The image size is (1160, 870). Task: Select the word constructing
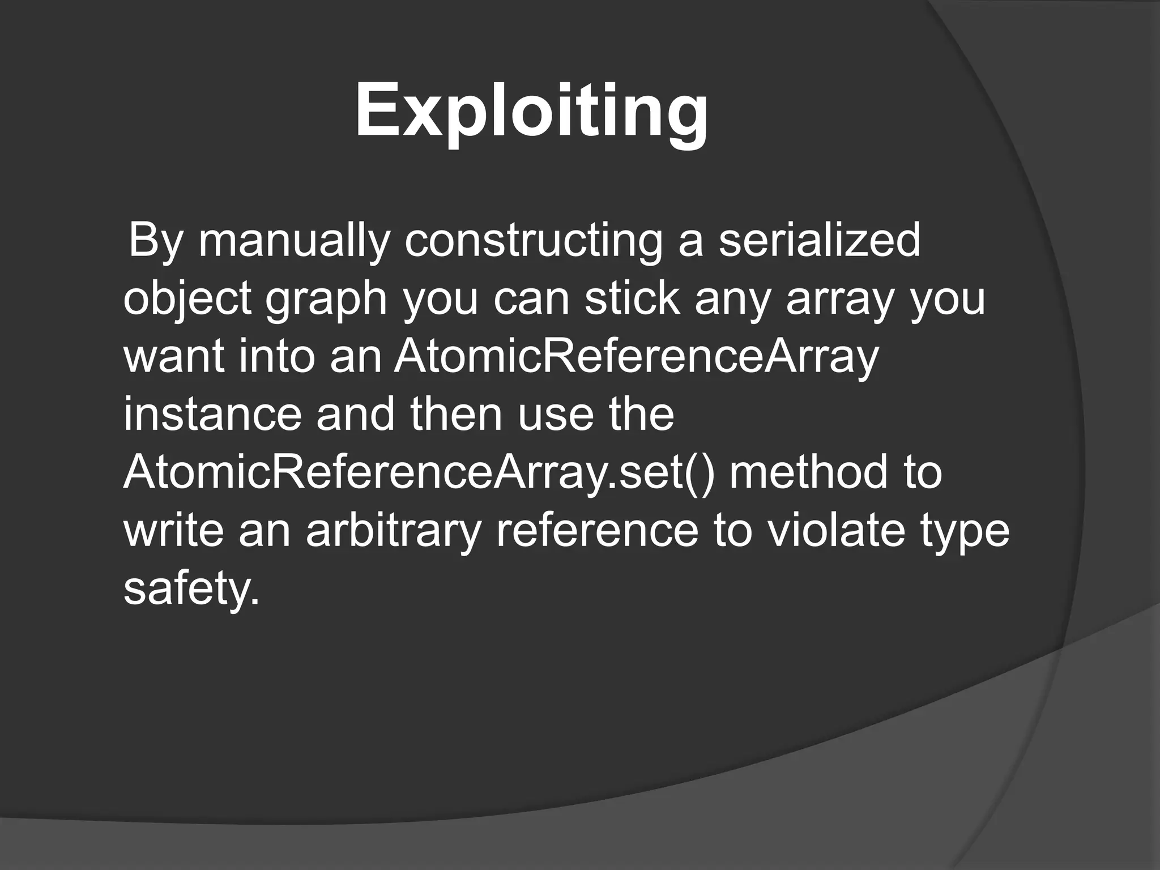point(533,240)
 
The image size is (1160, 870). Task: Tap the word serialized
point(820,240)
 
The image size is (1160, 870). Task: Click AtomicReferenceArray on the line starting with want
point(636,358)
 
